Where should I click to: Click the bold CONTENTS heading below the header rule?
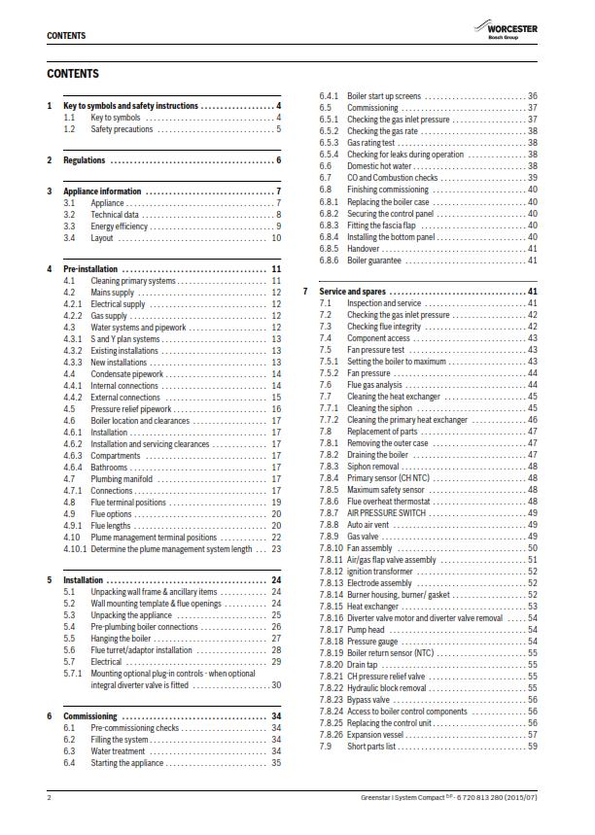tap(72, 74)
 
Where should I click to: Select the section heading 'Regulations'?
tap(84, 159)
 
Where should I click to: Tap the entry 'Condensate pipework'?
tap(125, 374)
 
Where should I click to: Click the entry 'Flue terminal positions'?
tap(128, 503)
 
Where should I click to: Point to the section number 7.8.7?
tap(330, 512)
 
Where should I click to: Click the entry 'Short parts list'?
tap(371, 746)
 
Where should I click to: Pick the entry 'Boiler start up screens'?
tap(384, 96)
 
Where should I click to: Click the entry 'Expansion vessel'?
tap(376, 734)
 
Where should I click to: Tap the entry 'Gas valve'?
tap(364, 536)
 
